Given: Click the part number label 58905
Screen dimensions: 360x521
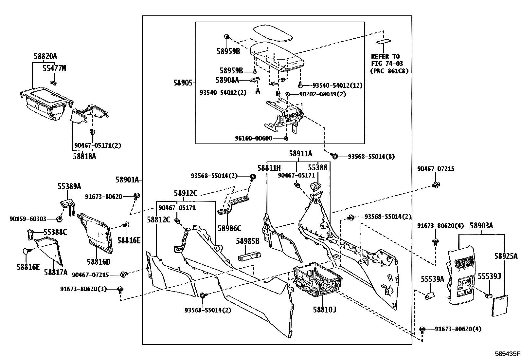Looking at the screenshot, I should [x=183, y=83].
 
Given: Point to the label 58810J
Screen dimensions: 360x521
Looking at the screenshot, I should [x=324, y=310].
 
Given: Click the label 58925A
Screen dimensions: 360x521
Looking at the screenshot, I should [x=506, y=256].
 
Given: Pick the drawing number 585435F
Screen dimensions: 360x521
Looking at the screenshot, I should [x=507, y=354].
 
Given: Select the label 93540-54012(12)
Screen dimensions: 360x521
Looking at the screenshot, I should [x=337, y=85].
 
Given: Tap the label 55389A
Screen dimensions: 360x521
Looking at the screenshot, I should [x=69, y=186].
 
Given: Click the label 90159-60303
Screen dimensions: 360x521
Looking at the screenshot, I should [x=28, y=219].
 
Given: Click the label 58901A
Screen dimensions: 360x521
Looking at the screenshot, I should [x=127, y=180].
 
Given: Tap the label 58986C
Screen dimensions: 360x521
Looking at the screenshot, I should [x=230, y=228].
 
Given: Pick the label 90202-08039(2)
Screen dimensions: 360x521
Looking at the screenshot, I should [x=322, y=94].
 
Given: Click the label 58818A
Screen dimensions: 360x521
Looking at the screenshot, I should [x=84, y=156].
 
